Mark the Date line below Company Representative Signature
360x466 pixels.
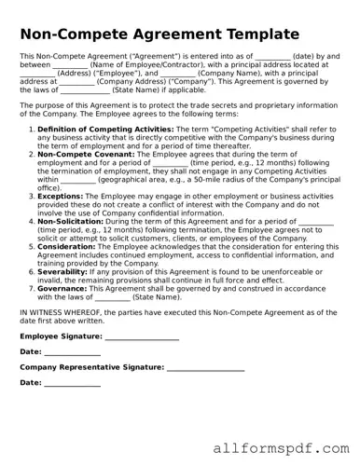[x=73, y=383]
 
